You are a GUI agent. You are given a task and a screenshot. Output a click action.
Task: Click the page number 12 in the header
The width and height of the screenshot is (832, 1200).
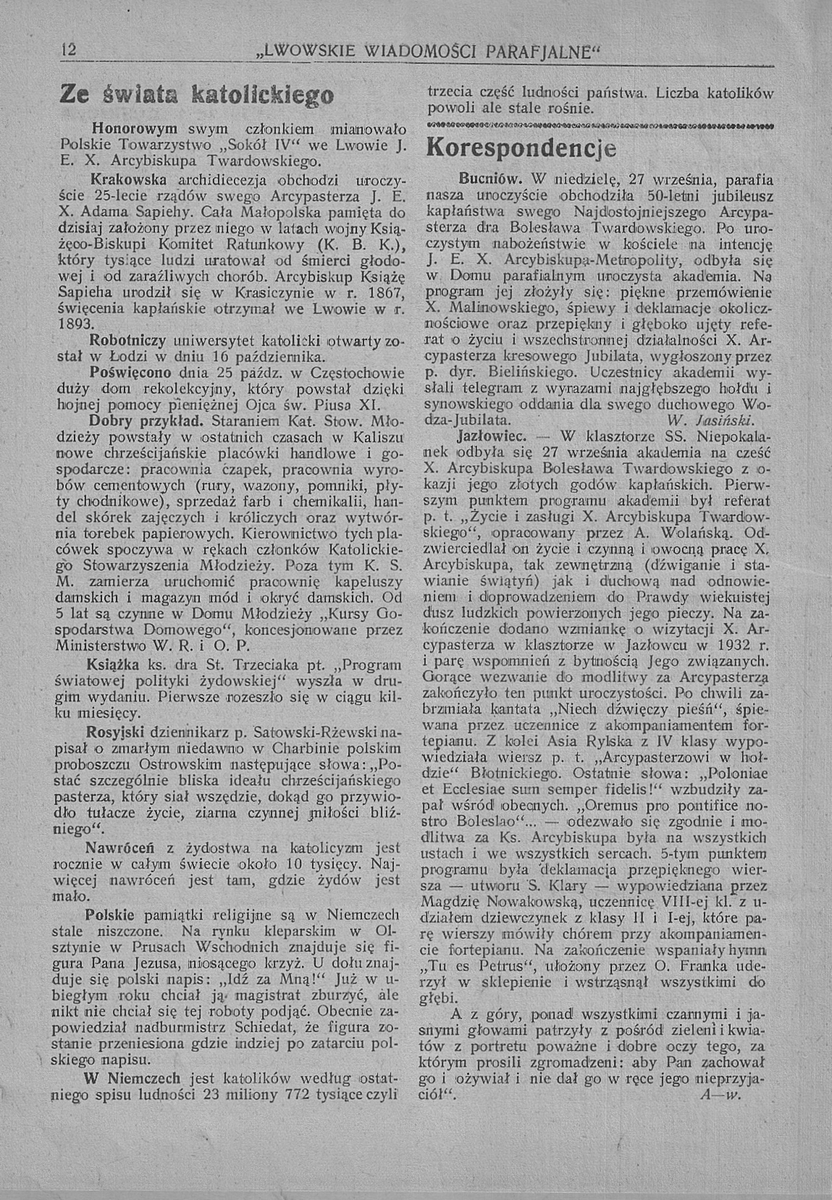click(x=69, y=50)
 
